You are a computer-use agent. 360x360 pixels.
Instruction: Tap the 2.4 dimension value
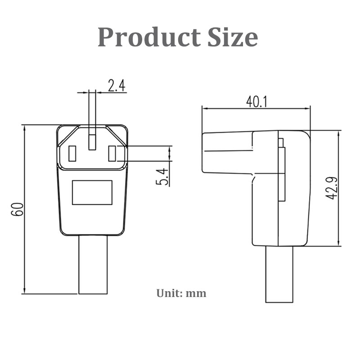click(116, 85)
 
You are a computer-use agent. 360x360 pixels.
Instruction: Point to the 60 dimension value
click(18, 209)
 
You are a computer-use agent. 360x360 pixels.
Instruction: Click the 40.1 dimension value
click(256, 102)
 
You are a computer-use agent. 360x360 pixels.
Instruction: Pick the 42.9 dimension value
click(332, 188)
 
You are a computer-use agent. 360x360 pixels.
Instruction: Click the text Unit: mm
click(181, 293)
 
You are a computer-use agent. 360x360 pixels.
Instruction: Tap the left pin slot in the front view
click(72, 154)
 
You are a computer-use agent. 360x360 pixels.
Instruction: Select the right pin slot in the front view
click(112, 154)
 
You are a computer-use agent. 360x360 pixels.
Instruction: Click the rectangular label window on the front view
click(92, 193)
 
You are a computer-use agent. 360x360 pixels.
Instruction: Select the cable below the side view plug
click(279, 274)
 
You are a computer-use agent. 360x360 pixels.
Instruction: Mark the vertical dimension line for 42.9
click(338, 188)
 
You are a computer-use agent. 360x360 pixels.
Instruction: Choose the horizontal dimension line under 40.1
click(256, 108)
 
